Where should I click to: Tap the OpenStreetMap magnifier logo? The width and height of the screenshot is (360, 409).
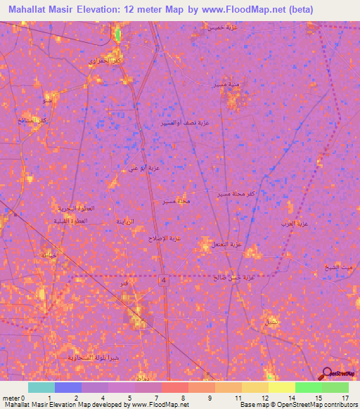[328, 375]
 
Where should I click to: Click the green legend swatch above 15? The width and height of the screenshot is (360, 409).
[308, 387]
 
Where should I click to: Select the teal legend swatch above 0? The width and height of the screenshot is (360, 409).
[41, 387]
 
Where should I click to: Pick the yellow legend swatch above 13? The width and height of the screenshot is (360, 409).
[255, 387]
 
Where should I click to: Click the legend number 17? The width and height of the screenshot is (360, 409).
[345, 398]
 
